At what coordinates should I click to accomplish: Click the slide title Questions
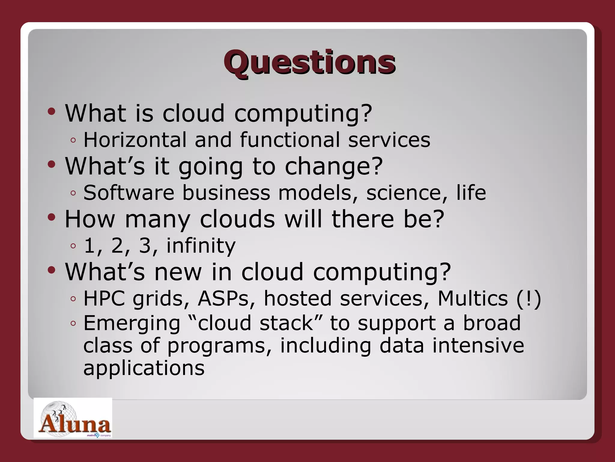309,62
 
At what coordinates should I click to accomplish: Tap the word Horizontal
135,140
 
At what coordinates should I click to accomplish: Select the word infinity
201,245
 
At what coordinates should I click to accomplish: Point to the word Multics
472,298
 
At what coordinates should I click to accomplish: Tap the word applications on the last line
144,368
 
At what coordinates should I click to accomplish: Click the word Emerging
132,323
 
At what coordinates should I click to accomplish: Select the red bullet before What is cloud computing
51,112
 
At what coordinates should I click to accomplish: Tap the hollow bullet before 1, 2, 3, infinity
73,246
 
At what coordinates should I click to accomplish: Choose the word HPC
104,298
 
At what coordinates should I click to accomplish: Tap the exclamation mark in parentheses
529,298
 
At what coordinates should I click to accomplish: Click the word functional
290,140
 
